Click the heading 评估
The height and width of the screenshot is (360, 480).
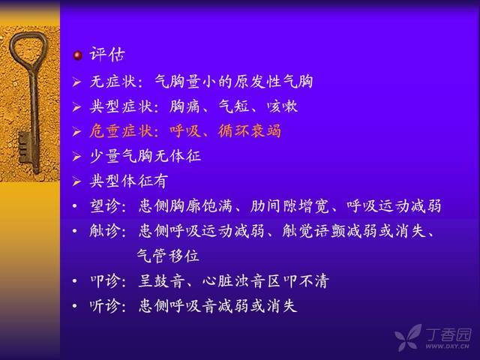(x=107, y=55)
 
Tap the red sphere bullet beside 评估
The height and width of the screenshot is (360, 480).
(x=78, y=55)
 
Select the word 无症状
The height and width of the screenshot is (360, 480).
(x=113, y=82)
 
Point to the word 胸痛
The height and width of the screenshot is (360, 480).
(x=185, y=106)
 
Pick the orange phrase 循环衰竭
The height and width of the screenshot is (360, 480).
(x=250, y=131)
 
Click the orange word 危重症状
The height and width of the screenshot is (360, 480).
(x=121, y=131)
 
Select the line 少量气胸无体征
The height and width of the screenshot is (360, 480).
(x=145, y=156)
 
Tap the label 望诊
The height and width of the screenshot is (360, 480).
(x=105, y=205)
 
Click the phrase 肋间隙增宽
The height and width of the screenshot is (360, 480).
(x=289, y=205)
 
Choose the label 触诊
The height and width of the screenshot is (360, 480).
(x=105, y=230)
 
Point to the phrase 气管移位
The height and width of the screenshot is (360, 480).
(x=168, y=256)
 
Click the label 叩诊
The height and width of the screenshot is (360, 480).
(x=105, y=280)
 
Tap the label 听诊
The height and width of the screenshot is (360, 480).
(x=105, y=305)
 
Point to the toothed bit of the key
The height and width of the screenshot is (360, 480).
(x=24, y=147)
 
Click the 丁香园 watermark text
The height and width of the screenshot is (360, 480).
(x=448, y=334)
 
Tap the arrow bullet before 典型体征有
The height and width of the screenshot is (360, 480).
(x=76, y=181)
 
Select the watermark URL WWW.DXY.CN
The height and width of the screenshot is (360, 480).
(x=447, y=346)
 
